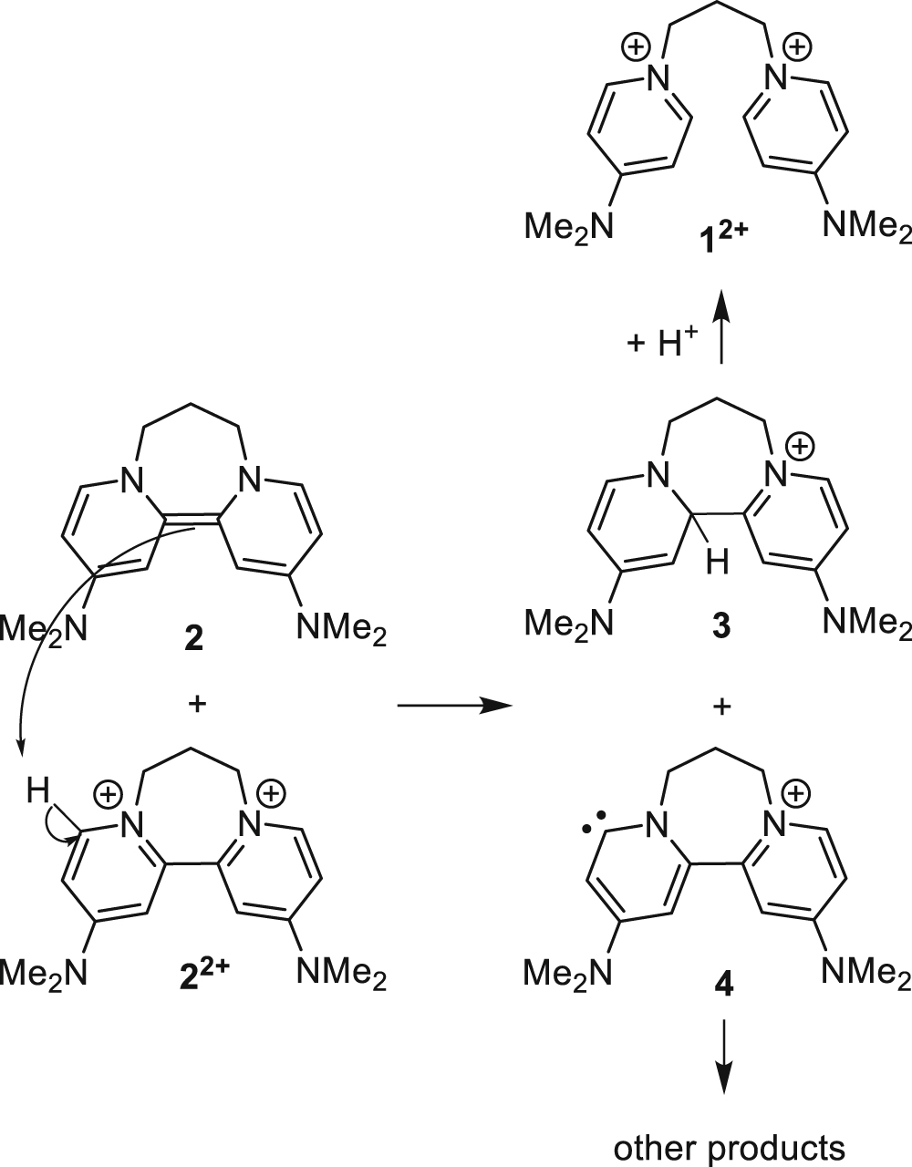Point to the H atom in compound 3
720,565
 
